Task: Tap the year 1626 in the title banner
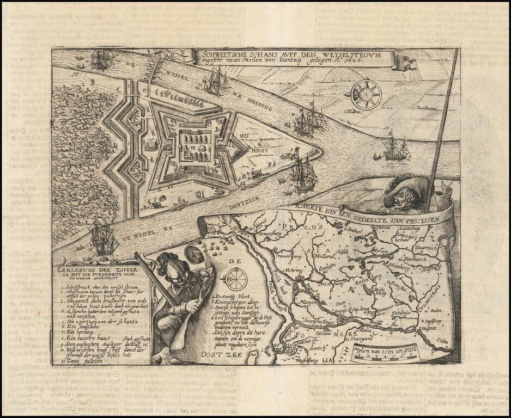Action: pos(364,64)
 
